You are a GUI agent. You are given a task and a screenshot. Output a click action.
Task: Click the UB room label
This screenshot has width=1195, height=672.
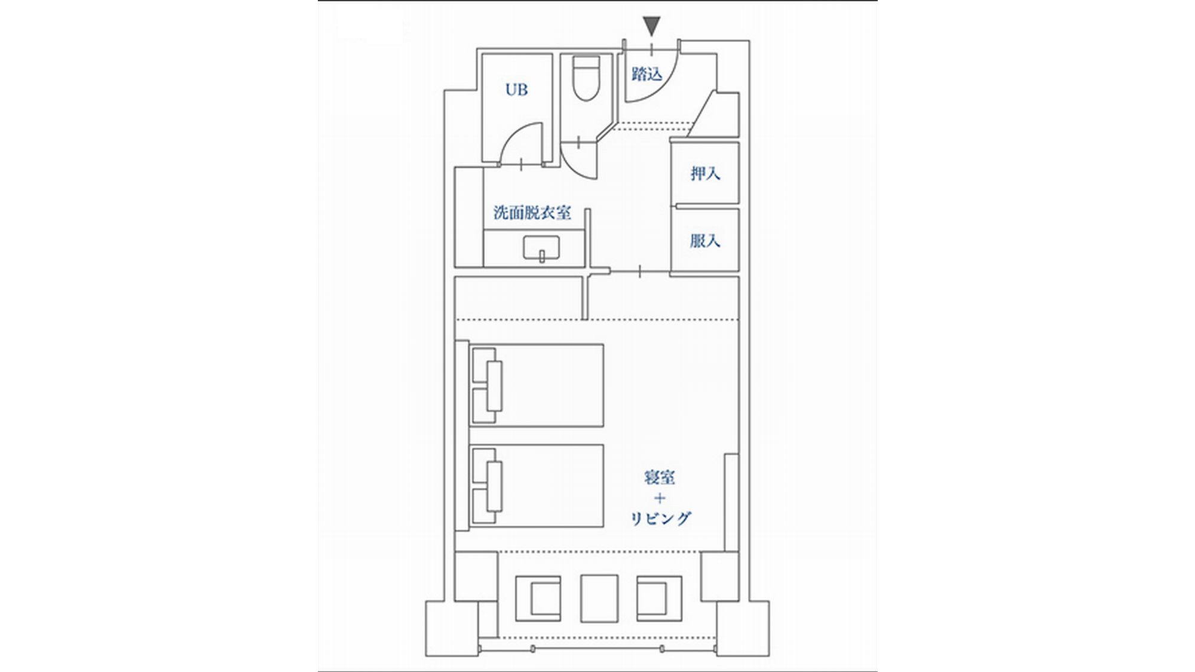point(517,90)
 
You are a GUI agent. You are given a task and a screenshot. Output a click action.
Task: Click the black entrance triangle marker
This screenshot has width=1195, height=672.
point(652,27)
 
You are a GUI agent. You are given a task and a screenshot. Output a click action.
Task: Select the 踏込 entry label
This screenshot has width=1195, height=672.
point(648,74)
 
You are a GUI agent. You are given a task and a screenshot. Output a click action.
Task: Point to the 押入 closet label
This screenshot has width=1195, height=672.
point(705,173)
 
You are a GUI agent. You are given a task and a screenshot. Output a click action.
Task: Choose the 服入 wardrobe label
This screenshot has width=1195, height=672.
point(705,241)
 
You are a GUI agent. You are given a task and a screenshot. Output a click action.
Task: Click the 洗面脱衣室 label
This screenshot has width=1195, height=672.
point(532,213)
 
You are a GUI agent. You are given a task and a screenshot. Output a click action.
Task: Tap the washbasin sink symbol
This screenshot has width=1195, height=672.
point(541,248)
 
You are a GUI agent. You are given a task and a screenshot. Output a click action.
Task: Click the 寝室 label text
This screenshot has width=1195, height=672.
point(660,477)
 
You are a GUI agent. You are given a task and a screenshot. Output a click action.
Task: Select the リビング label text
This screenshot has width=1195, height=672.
point(661,518)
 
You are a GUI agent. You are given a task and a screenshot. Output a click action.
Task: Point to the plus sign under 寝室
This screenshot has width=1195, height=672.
point(660,498)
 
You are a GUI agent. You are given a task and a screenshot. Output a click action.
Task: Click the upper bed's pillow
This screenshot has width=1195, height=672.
point(494,386)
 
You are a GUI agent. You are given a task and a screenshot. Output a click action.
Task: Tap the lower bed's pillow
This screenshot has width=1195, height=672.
point(494,486)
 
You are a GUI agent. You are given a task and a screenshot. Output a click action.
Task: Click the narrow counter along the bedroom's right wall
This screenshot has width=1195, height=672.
point(732,502)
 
